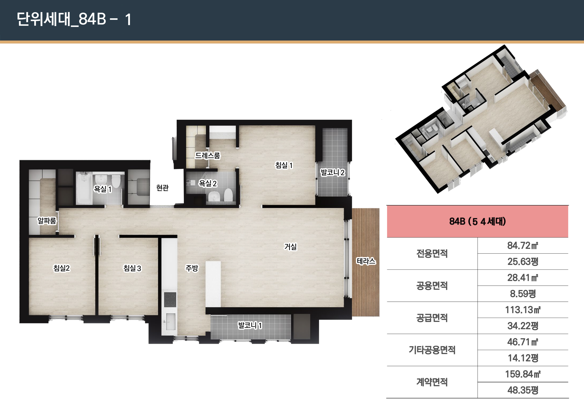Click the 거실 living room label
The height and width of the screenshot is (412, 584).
click(291, 247)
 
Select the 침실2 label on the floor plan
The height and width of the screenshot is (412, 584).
click(61, 268)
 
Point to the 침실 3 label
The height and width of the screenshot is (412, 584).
click(132, 268)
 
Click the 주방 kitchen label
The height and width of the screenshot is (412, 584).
click(192, 268)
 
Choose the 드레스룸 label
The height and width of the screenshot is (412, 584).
click(208, 155)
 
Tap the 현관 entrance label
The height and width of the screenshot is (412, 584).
click(162, 188)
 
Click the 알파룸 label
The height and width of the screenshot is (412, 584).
click(47, 221)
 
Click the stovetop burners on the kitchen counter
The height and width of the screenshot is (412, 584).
click(170, 299)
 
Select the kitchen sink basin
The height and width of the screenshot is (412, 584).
click(171, 322)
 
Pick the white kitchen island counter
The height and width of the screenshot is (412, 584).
click(213, 284)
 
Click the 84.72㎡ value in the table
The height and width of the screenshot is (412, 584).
click(523, 246)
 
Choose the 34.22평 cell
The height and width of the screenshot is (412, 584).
click(523, 326)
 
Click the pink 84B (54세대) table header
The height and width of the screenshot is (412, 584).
click(477, 221)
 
